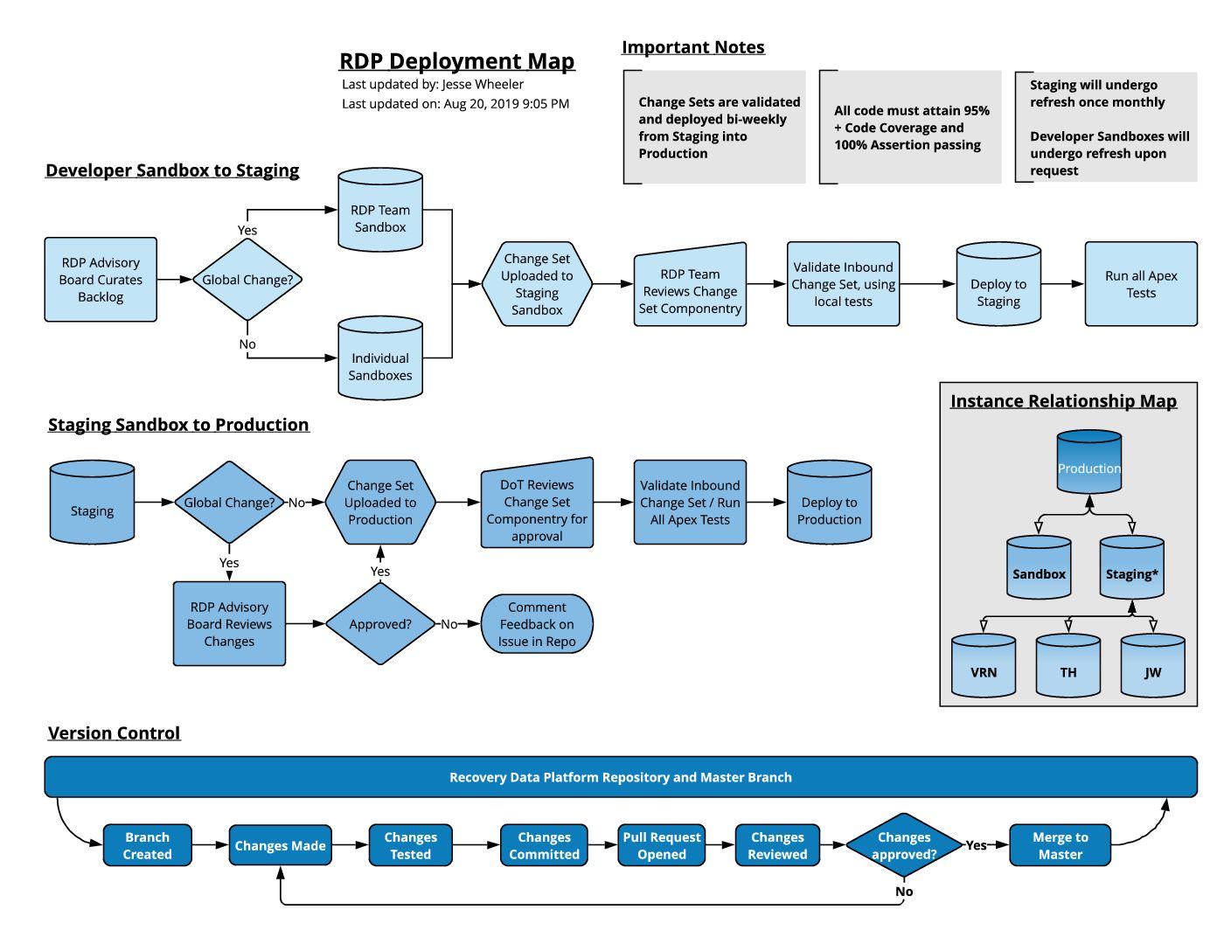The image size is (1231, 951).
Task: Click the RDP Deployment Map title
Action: [x=456, y=61]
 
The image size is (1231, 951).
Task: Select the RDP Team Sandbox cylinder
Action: [x=380, y=214]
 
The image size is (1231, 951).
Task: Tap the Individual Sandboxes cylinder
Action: [x=380, y=362]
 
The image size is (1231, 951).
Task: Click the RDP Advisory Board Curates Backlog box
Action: [x=101, y=280]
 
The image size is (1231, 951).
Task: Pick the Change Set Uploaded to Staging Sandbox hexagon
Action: [x=537, y=284]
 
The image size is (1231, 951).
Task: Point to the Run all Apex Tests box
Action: [x=1141, y=284]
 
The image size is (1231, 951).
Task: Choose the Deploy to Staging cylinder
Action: [x=998, y=288]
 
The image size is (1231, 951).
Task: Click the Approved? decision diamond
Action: [x=380, y=624]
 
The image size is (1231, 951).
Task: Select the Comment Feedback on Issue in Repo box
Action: [x=537, y=624]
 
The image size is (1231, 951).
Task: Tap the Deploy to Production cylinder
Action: [x=829, y=507]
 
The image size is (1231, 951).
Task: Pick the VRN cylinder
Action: [x=984, y=669]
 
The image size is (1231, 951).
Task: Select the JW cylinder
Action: [x=1152, y=669]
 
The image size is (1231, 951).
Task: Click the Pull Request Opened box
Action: [x=662, y=845]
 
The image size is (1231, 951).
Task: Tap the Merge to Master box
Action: [x=1060, y=845]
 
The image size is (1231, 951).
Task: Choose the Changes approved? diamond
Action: [x=904, y=845]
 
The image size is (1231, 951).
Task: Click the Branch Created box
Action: [x=147, y=845]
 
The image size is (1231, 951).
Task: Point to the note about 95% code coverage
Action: [x=911, y=128]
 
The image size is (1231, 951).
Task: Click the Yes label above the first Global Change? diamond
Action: [x=247, y=231]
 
